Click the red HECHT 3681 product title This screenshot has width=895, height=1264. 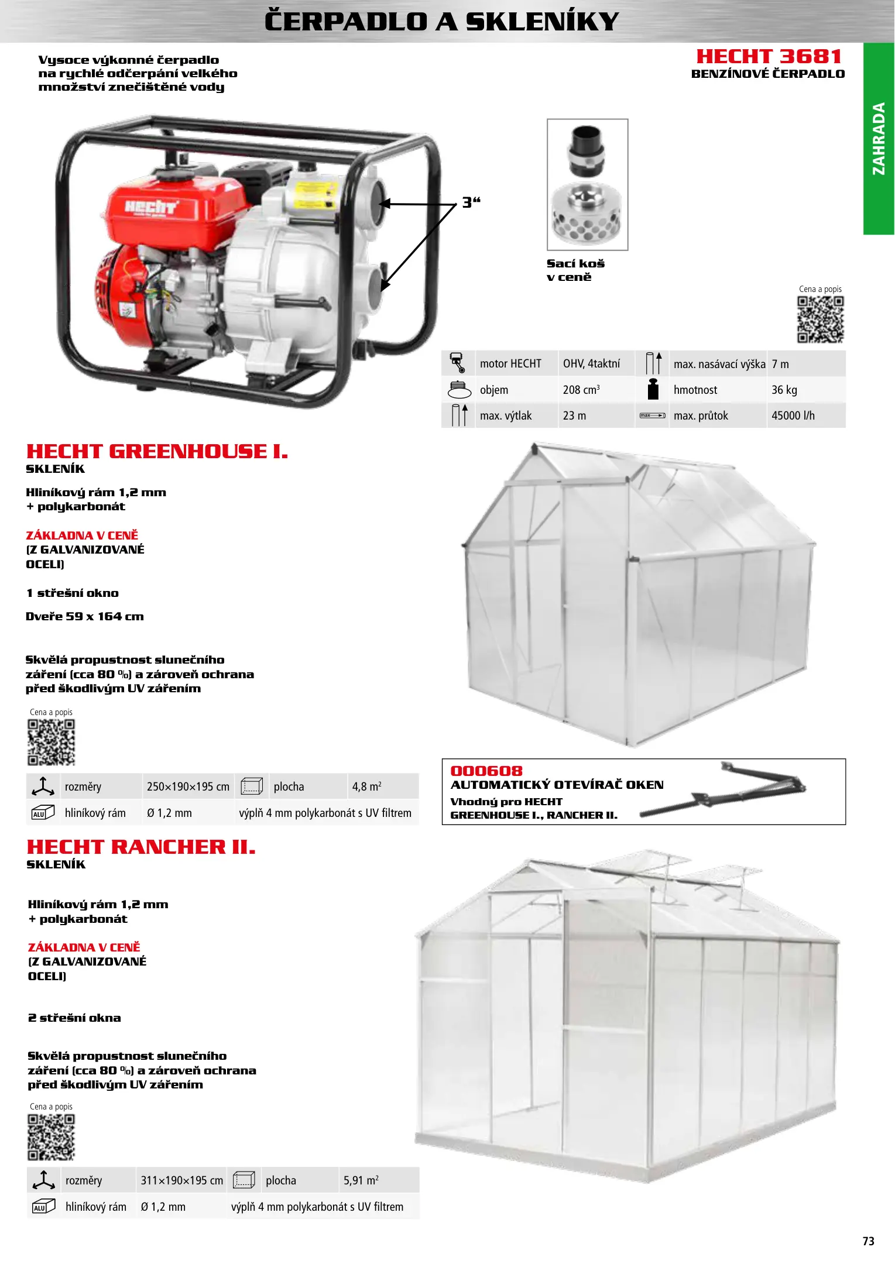pos(769,57)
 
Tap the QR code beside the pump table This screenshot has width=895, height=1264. pos(820,320)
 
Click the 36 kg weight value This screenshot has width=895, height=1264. pos(784,390)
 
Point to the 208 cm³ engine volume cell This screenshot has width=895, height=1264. pos(581,390)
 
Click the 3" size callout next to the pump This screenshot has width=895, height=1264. pos(471,202)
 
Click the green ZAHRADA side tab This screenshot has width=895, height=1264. pos(879,139)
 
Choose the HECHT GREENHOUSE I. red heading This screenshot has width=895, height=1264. pos(157,452)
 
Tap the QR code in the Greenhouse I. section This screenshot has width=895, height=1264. pos(52,742)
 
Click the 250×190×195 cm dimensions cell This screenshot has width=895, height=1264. pos(188,787)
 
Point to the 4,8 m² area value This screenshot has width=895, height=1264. pos(366,787)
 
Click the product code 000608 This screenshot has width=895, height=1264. pos(486,771)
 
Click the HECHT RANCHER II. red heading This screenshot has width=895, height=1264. pos(141,847)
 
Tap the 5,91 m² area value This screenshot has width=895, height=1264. pos(361,1181)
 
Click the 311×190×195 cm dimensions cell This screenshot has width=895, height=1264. pos(181,1181)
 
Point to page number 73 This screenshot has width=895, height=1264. pos(868,1241)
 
